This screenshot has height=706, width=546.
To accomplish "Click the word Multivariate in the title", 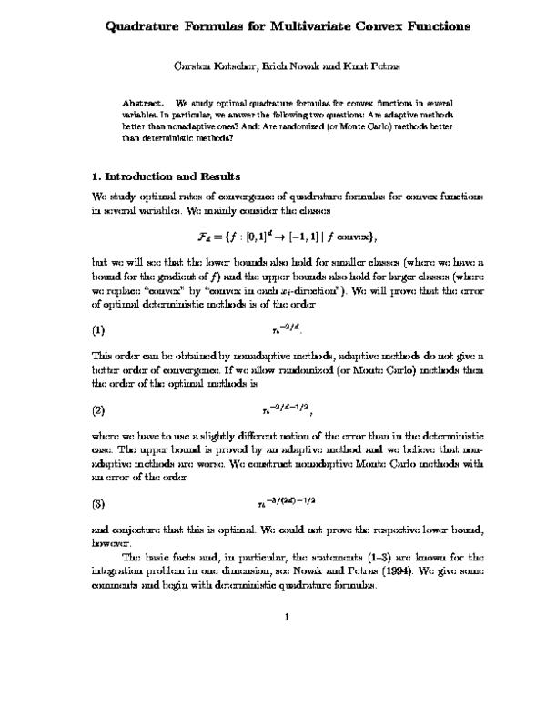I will [307, 27].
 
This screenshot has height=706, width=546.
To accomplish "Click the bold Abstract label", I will [141, 95].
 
